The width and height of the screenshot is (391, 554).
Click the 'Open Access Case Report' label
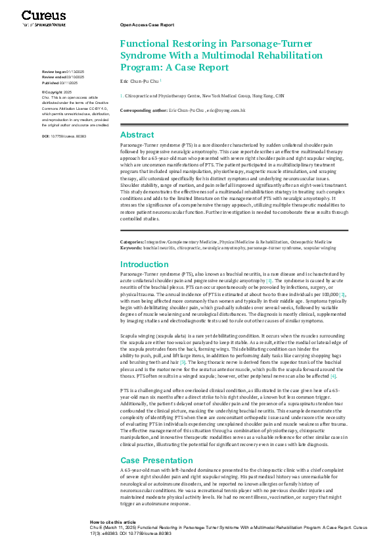[x=147, y=24]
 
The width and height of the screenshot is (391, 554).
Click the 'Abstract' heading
[x=137, y=134]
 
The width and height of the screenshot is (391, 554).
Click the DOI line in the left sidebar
[x=64, y=136]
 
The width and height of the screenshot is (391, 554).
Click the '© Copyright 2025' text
[x=57, y=91]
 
